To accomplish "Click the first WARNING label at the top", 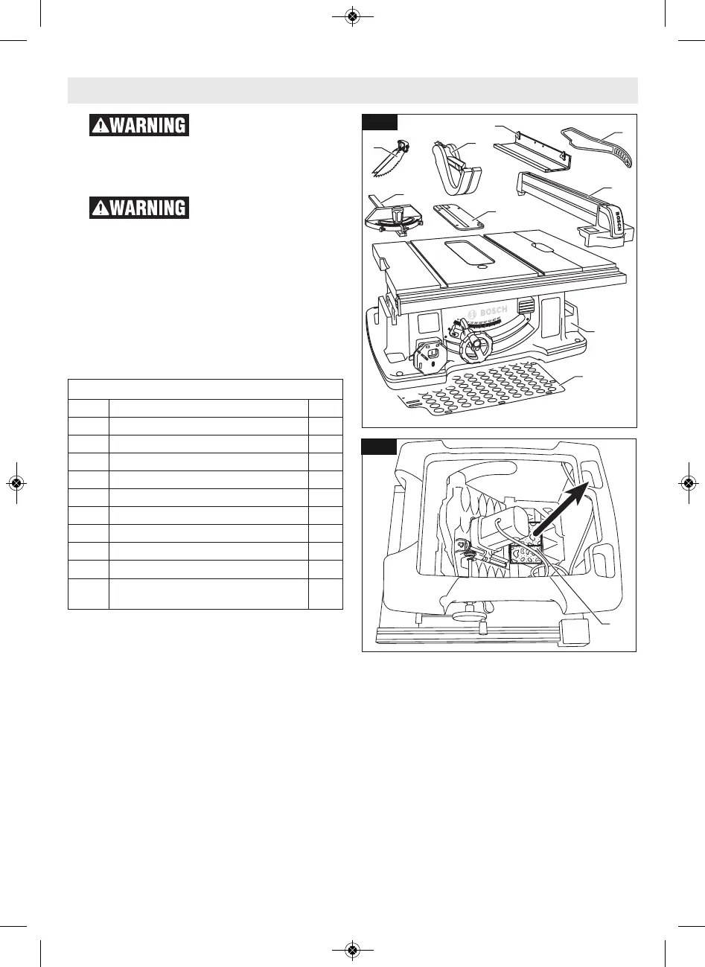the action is click(139, 125).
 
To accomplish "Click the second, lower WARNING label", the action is click(139, 207).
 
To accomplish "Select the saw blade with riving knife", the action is click(390, 159).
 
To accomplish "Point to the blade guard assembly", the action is click(454, 164).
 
